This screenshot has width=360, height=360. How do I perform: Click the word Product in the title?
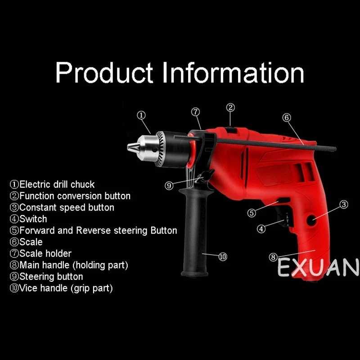pos(104,72)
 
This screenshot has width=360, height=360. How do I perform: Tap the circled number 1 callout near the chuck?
pos(141,115)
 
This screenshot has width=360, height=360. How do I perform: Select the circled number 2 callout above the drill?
pos(230,108)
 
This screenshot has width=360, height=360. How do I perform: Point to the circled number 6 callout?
pos(287,118)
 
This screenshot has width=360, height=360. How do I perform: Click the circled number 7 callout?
pos(195,111)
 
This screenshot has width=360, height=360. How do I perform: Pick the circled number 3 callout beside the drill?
pos(343,205)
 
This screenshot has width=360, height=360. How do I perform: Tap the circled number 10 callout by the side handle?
pos(222,257)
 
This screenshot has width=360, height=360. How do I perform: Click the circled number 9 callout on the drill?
pos(169,185)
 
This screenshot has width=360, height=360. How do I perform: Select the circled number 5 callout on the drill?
pos(252,212)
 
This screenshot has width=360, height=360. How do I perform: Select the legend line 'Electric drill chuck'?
pos(52,184)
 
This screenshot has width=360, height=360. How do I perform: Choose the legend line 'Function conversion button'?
pos(70,196)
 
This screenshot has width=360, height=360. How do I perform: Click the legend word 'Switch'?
pos(33,219)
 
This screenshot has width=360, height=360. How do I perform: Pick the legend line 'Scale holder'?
pos(40,253)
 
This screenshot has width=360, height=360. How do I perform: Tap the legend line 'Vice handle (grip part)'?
pos(61,288)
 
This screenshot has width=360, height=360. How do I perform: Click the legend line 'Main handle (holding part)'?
pos(69,265)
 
